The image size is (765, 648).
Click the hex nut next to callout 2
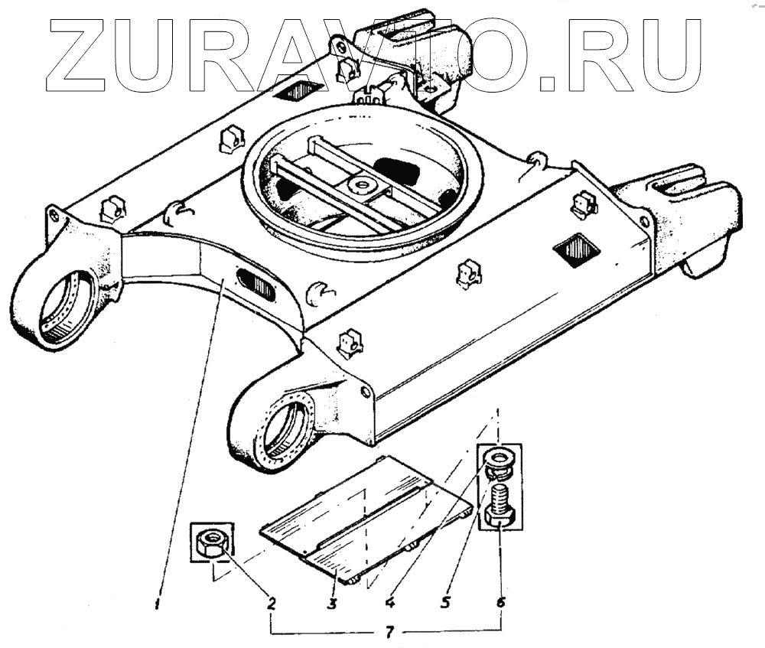[209, 543]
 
